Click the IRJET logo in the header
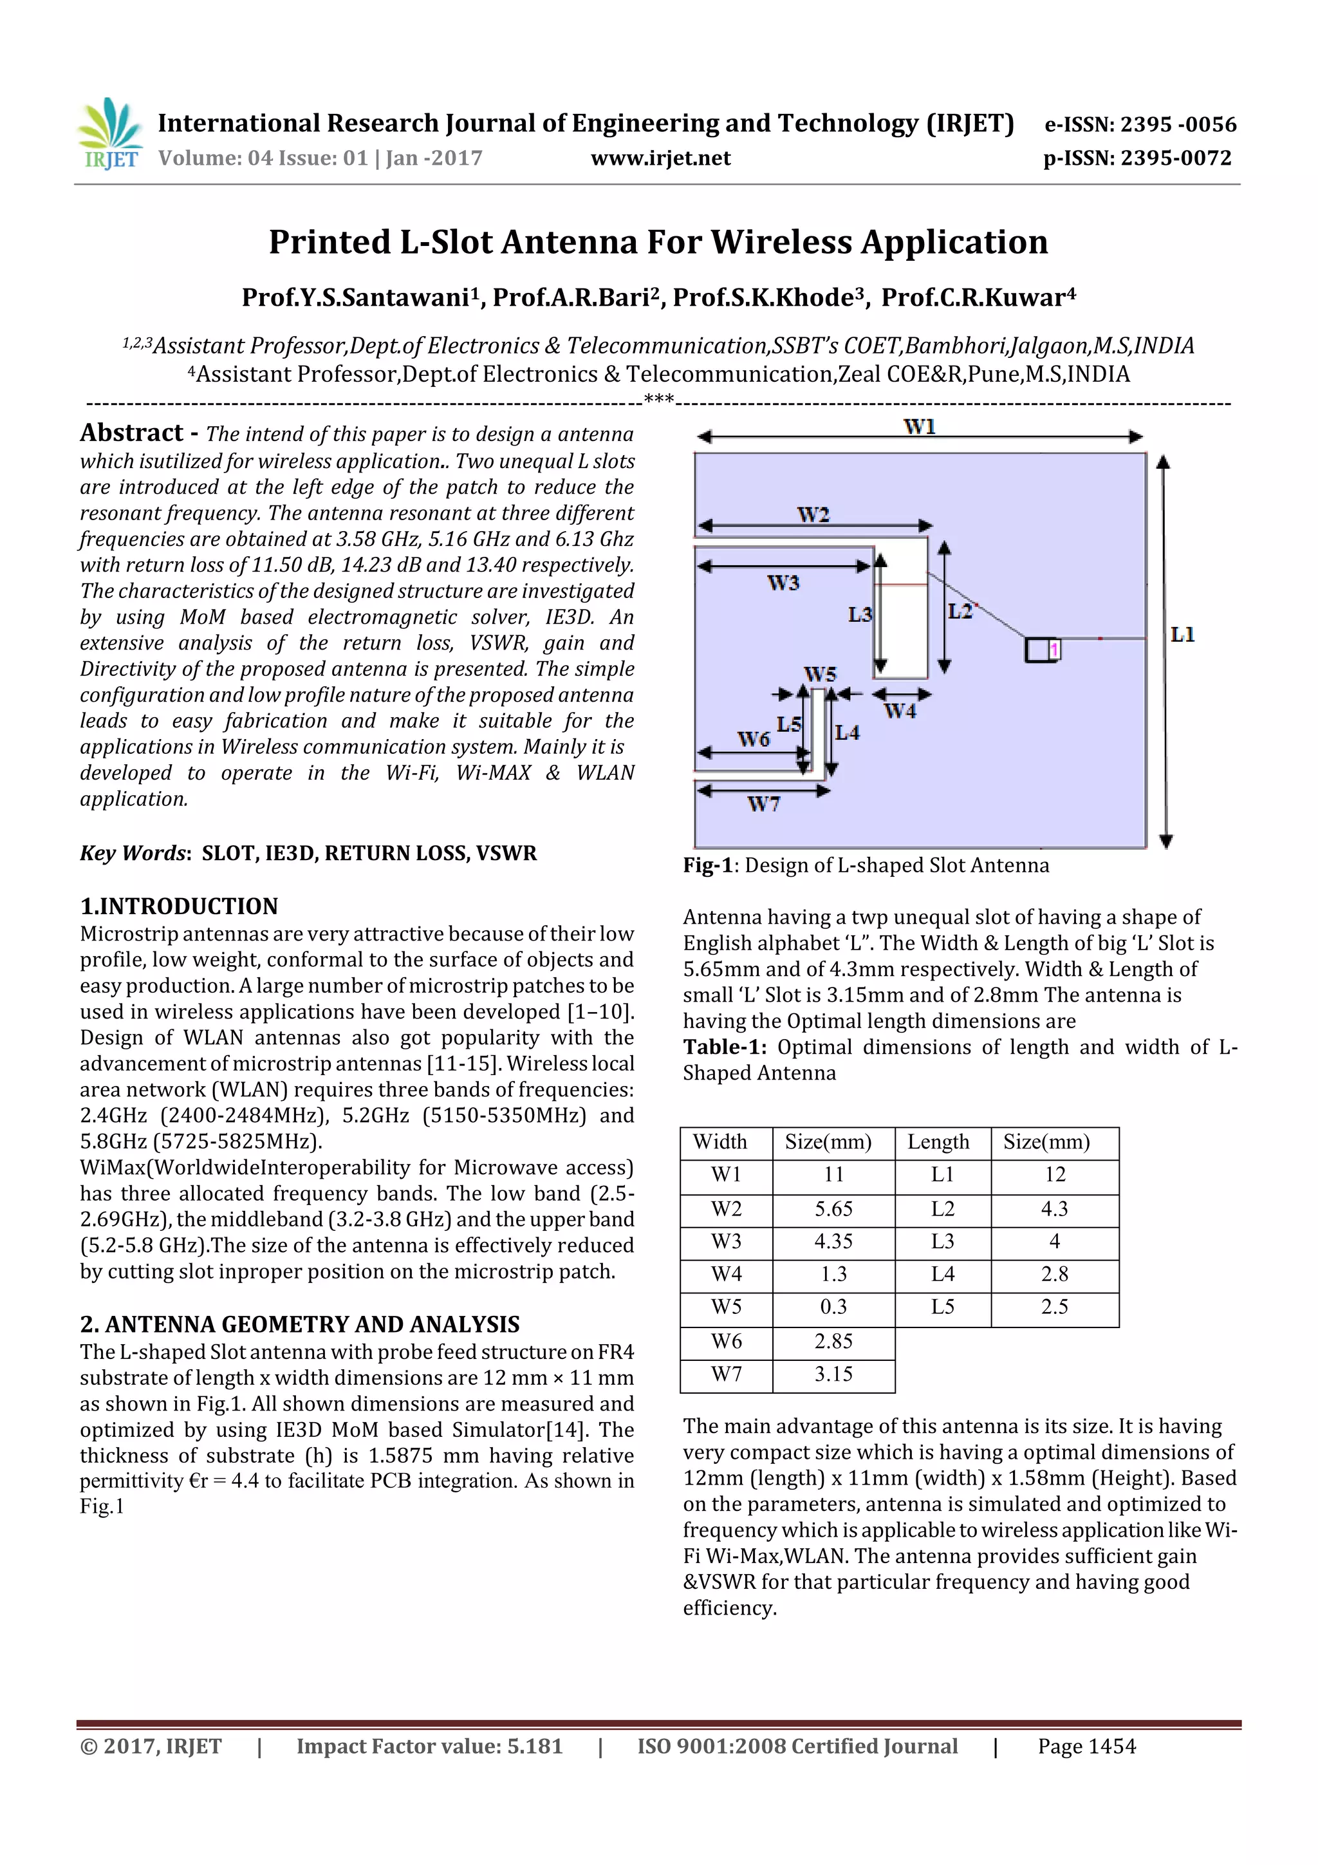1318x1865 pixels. pos(109,134)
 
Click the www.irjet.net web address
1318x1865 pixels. pos(660,158)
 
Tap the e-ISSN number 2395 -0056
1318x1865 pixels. pos(1178,124)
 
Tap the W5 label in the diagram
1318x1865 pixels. pos(819,674)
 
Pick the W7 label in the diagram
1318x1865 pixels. pos(763,804)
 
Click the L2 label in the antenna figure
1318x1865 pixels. pos(960,611)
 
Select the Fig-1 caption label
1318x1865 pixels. pos(707,866)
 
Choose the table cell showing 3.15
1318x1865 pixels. pos(833,1374)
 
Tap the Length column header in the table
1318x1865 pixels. pos(938,1142)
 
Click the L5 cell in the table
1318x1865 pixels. pos(942,1307)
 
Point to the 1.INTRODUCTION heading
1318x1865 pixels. pos(179,906)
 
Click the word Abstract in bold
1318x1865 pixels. pos(131,433)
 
